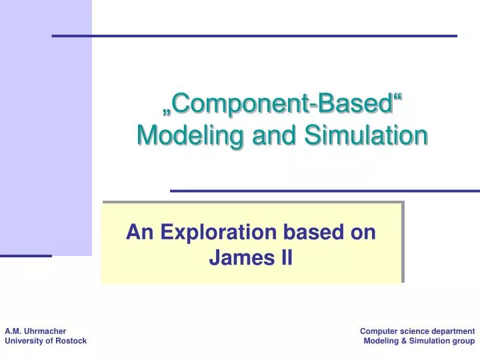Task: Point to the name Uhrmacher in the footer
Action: [45, 331]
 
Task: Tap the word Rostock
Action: [71, 341]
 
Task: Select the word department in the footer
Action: [451, 331]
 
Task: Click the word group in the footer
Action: [463, 341]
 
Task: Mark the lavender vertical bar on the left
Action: [45, 127]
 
